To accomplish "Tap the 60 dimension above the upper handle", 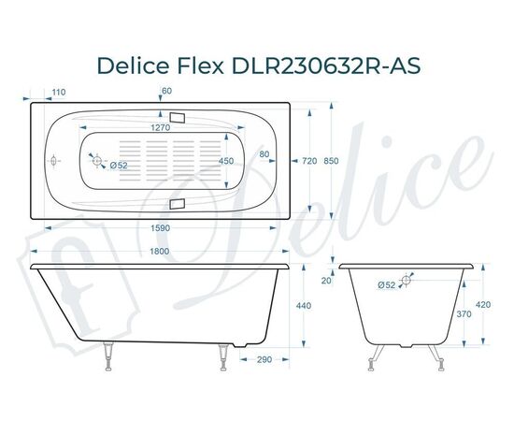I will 166,91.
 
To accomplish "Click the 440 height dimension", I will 304,306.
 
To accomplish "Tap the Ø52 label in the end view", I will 386,284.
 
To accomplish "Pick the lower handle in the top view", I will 178,203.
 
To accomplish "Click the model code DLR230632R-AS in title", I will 316,65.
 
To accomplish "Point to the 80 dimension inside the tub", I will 264,154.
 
